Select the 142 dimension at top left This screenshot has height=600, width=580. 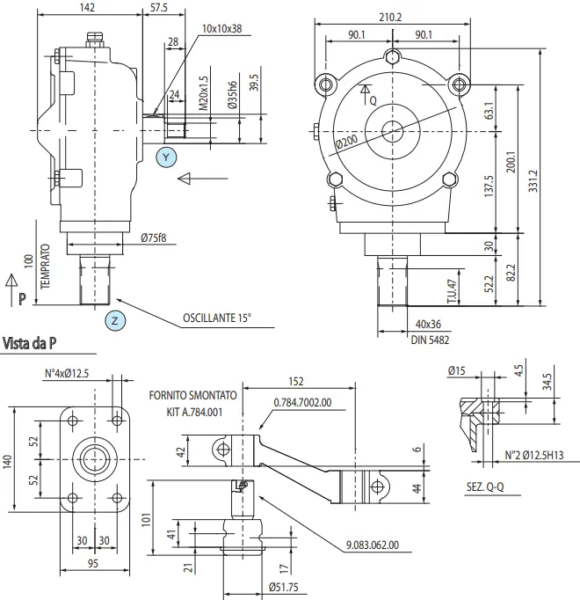[87, 7]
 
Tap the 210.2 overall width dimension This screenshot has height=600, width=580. [391, 17]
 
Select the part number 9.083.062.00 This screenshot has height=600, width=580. [373, 545]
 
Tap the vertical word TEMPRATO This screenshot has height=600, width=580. [44, 270]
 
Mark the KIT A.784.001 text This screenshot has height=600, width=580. [195, 410]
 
